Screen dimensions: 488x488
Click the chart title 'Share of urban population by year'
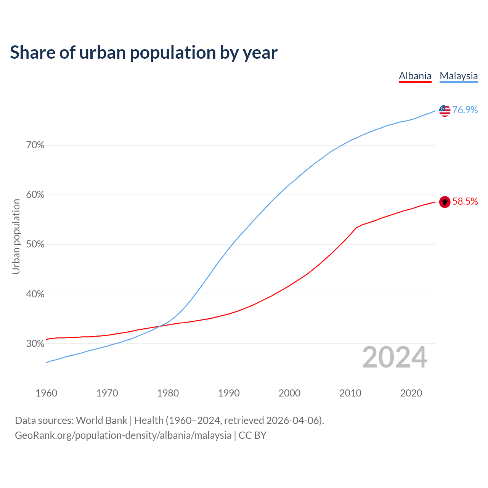point(144,53)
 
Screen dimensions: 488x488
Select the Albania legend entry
point(415,76)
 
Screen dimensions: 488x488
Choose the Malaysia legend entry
point(459,76)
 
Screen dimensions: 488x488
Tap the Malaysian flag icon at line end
point(445,111)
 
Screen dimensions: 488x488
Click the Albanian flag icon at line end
point(445,202)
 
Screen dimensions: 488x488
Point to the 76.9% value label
point(465,110)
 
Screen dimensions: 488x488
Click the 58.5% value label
point(465,202)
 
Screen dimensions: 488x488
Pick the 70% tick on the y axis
point(35,145)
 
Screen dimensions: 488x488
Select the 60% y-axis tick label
point(35,195)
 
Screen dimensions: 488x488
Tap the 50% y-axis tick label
point(35,244)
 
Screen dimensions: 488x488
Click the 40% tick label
point(35,294)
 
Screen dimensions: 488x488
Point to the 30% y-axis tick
point(35,344)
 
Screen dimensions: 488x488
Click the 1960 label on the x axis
point(46,393)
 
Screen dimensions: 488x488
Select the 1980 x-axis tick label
point(168,393)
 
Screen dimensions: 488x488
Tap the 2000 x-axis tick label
point(289,393)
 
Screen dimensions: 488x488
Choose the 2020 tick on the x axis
point(411,393)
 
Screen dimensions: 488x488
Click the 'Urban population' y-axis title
point(16,236)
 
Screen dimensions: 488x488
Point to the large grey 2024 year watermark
point(395,358)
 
